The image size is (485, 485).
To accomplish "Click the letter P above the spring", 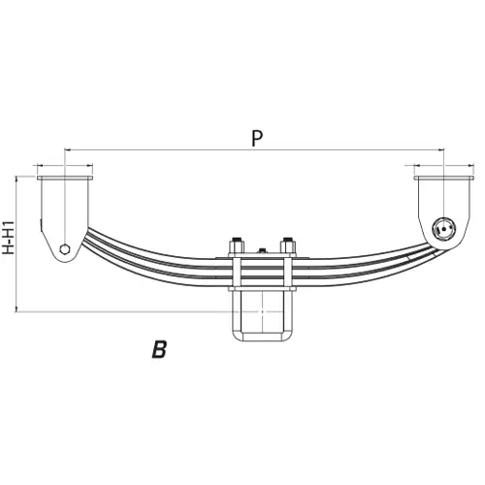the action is [257, 139].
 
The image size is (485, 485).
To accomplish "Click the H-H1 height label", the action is [8, 238].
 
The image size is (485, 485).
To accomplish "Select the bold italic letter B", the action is [160, 349].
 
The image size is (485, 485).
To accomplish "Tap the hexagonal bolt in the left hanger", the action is [65, 249].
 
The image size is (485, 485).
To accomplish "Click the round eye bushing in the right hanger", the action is [444, 229].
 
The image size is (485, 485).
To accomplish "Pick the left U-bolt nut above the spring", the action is [237, 245].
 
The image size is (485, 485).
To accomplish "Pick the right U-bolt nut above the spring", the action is [288, 245].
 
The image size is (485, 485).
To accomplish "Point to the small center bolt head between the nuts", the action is [262, 250].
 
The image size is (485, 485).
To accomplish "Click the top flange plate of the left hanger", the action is [65, 178].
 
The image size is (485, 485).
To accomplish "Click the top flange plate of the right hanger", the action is [444, 178].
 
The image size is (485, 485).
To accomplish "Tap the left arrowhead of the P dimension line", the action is [68, 149].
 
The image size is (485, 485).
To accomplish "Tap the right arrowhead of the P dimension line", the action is [441, 149].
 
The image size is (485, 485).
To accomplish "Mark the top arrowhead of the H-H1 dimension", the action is [16, 179].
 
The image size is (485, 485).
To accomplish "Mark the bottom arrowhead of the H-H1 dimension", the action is [16, 308].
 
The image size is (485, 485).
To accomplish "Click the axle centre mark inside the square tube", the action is [263, 311].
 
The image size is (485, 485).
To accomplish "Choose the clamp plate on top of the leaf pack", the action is [263, 255].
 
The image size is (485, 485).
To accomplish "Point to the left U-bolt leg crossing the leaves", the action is [237, 272].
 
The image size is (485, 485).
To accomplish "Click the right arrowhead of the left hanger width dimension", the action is [90, 165].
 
